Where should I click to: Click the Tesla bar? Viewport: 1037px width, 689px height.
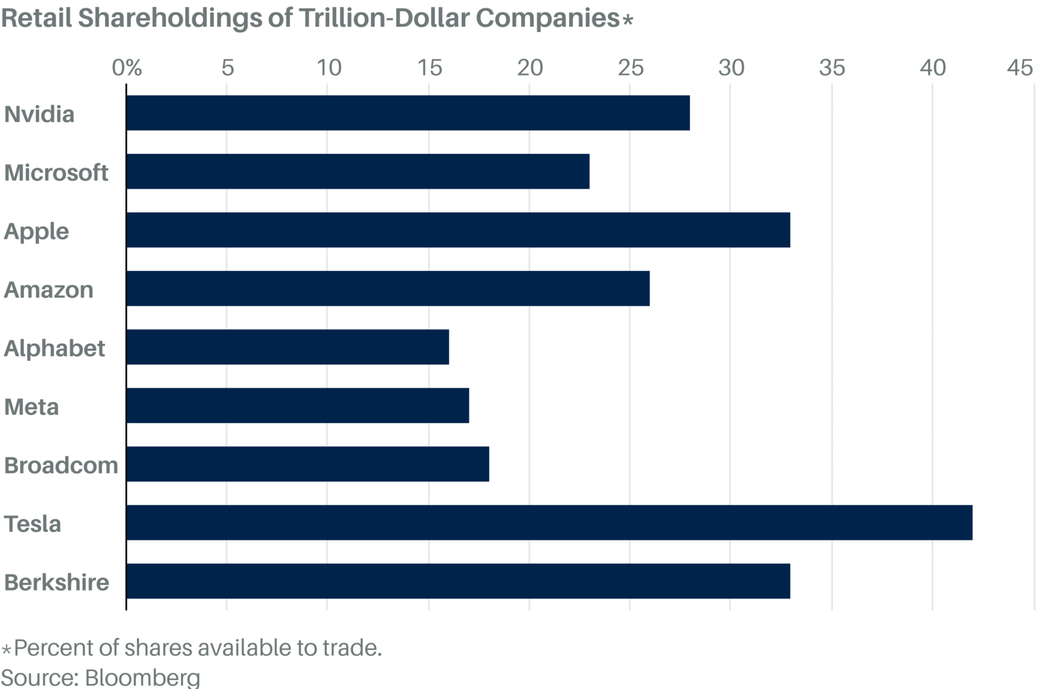tap(549, 523)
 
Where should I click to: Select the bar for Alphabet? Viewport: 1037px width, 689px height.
tap(287, 347)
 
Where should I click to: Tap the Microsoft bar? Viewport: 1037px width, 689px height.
tap(358, 171)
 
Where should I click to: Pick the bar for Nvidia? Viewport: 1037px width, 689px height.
tap(408, 113)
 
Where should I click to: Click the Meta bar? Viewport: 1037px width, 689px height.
tap(298, 406)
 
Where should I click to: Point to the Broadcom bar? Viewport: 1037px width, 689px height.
tap(307, 464)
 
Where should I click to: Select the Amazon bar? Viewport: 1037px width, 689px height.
tap(388, 288)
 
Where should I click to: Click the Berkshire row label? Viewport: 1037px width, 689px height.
tap(56, 582)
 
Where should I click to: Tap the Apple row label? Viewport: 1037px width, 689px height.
tap(36, 231)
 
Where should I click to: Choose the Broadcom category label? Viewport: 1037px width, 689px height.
tap(61, 465)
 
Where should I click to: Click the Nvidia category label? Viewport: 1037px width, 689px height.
tap(39, 114)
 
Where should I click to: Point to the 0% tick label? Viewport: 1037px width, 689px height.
tap(127, 68)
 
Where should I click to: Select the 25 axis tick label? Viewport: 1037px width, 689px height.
tap(630, 68)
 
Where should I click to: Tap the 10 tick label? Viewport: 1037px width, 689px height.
tap(328, 68)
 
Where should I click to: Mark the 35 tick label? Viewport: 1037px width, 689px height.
tap(832, 68)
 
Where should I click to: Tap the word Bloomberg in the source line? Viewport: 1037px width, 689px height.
tap(143, 677)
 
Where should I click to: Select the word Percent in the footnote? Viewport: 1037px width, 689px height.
tap(52, 647)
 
